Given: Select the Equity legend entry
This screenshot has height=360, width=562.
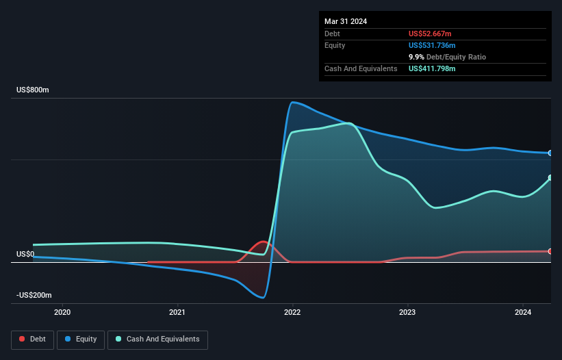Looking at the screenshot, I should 81,339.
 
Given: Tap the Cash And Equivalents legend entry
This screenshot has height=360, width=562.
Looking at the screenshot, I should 157,339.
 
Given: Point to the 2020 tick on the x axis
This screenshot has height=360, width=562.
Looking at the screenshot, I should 62,313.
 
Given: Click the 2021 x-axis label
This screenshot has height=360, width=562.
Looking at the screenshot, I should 177,313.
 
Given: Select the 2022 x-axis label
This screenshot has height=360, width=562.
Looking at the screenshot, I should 292,313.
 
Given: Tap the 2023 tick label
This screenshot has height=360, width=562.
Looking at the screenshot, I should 407,313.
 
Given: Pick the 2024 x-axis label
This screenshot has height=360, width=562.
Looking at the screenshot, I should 522,313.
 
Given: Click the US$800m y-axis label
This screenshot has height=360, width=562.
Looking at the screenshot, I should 34,90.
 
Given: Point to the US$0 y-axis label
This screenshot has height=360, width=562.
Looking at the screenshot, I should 25,254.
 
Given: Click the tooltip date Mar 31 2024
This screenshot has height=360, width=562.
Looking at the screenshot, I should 346,21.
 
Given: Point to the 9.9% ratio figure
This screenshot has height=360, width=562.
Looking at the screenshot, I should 418,57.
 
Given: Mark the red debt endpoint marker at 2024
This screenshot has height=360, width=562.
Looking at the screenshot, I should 550,251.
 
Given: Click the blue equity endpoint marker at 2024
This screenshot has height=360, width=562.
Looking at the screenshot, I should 550,153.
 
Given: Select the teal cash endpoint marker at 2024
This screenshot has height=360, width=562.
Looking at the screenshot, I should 550,178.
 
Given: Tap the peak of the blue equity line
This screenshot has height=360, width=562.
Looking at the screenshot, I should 292,103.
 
